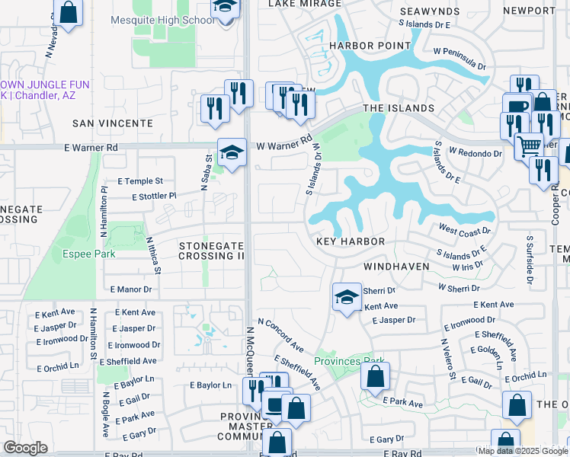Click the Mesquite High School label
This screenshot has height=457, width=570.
tap(162, 19)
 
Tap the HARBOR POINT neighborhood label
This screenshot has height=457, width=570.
tap(360, 46)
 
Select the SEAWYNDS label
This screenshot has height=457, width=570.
tap(431, 11)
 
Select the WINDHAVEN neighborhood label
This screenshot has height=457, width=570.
tap(396, 267)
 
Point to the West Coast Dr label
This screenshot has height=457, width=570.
tap(465, 228)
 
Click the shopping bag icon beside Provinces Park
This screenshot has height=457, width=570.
tap(375, 377)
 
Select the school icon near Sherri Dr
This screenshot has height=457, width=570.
tap(347, 297)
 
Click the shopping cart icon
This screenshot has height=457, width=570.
tap(528, 145)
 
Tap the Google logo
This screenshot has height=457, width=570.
tap(26, 448)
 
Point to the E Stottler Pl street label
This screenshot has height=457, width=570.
tap(154, 196)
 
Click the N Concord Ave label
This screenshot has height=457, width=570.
tap(280, 336)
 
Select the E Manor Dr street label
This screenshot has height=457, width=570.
tap(131, 289)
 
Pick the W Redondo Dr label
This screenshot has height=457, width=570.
tap(475, 152)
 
